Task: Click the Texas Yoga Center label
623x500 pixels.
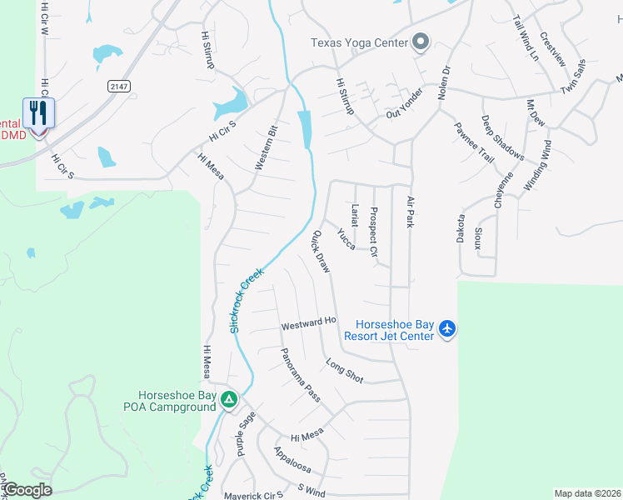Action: pyautogui.click(x=359, y=42)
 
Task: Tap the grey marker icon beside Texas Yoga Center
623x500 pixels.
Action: pyautogui.click(x=421, y=42)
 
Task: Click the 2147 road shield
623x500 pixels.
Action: pyautogui.click(x=120, y=85)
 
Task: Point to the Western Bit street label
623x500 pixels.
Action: pyautogui.click(x=266, y=148)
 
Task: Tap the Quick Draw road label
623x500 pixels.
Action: pyautogui.click(x=321, y=252)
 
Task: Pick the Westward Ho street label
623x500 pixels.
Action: pyautogui.click(x=308, y=321)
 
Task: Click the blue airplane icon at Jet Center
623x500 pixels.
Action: pyautogui.click(x=447, y=329)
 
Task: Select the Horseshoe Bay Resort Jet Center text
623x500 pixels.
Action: pyautogui.click(x=395, y=330)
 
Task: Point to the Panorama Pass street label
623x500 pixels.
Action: pyautogui.click(x=300, y=375)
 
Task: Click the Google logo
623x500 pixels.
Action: pyautogui.click(x=27, y=490)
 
